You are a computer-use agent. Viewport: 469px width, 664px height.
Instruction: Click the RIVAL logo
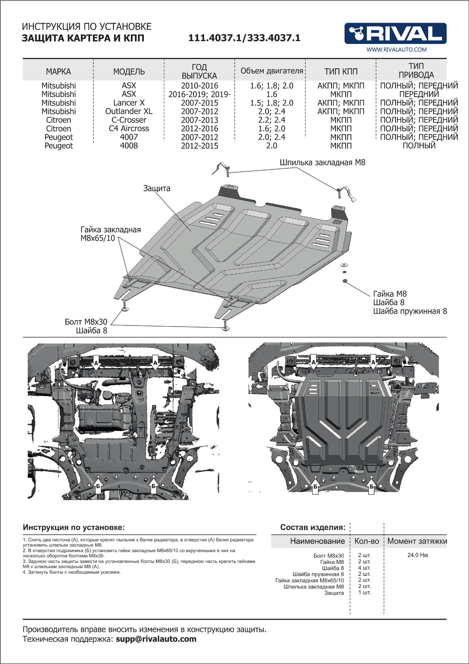tap(395, 33)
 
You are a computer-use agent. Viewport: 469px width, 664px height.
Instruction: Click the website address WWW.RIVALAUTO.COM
tap(396, 49)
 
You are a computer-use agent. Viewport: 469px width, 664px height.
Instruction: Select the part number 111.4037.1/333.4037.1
tap(244, 38)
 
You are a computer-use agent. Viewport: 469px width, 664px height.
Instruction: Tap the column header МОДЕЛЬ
tap(129, 71)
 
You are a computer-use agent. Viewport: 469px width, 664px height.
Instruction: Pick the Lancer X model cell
tap(129, 103)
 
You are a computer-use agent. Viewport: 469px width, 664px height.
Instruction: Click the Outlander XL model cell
tap(129, 111)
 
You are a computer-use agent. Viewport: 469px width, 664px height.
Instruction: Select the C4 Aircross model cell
tap(129, 128)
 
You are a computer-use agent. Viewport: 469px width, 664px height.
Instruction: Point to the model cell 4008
tap(129, 146)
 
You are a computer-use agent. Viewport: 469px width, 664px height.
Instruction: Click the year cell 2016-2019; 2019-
tap(200, 94)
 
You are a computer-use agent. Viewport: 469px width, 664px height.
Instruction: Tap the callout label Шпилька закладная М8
tap(322, 163)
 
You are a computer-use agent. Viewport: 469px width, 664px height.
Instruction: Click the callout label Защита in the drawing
tap(157, 188)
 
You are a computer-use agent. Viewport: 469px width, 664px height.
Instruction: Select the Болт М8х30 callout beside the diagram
tap(86, 322)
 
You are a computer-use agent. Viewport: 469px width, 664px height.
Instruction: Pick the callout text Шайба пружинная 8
tap(410, 311)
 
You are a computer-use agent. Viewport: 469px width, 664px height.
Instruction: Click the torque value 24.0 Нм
tap(417, 555)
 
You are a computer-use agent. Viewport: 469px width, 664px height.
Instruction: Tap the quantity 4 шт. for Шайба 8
tap(364, 568)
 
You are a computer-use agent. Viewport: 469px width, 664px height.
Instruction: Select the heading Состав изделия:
tap(313, 527)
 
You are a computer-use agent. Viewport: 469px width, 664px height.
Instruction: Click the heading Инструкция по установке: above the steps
tap(74, 527)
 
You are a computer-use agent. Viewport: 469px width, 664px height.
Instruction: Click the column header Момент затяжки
tap(417, 541)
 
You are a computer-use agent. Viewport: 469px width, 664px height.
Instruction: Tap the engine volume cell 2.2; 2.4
tap(272, 120)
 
